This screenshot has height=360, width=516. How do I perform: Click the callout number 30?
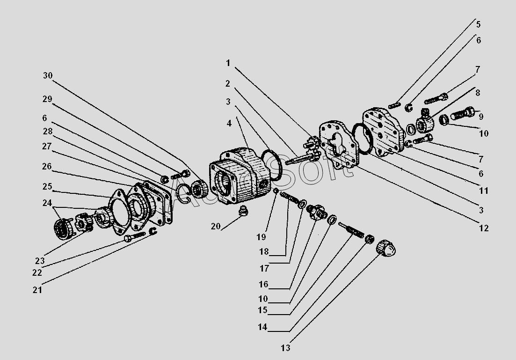[48, 75]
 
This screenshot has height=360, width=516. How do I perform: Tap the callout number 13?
[286, 348]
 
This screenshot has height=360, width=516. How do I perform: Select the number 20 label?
[216, 226]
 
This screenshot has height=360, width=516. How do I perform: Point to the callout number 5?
[478, 24]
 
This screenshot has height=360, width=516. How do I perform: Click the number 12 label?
[484, 228]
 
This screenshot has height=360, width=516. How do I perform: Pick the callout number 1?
[228, 63]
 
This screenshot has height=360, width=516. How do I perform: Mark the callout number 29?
[47, 99]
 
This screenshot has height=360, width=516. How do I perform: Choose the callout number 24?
[47, 203]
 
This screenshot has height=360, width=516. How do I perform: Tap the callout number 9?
[481, 116]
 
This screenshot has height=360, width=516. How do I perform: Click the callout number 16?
[263, 284]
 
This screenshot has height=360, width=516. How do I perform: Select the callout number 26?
[47, 166]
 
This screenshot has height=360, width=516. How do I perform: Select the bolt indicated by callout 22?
[135, 236]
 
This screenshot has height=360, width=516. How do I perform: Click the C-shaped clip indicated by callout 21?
[153, 231]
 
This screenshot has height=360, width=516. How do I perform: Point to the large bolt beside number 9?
[462, 113]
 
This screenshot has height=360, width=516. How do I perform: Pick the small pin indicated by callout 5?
[394, 105]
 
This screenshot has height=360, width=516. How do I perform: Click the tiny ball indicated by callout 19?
[276, 191]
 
